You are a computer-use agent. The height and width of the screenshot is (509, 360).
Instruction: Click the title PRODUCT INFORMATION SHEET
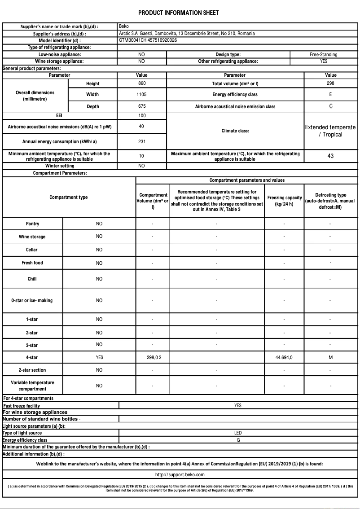(x=178, y=13)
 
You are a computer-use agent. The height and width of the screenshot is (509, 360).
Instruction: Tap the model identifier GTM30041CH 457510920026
(x=148, y=40)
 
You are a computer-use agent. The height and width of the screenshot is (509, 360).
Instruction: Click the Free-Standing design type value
(x=323, y=54)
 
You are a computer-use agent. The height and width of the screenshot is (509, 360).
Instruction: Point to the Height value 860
(x=141, y=83)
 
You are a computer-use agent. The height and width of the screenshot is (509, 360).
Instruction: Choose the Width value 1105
(x=141, y=95)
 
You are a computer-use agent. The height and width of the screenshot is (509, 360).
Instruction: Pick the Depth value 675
(x=141, y=106)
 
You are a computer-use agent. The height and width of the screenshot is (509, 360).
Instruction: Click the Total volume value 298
(x=330, y=83)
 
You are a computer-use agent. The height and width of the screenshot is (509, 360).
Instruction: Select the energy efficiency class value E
(x=330, y=95)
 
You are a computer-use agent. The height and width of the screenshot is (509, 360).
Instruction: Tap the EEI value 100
(x=141, y=115)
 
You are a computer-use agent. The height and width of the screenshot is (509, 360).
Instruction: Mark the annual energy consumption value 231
(x=141, y=141)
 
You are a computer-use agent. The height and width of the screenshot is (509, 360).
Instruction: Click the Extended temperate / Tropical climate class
(x=330, y=131)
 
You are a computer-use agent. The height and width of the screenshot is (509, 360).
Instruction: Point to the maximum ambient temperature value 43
(x=330, y=156)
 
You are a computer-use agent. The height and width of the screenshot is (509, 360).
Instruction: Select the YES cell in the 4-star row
(x=99, y=357)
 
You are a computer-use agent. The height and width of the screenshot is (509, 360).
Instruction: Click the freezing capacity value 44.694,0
(x=284, y=357)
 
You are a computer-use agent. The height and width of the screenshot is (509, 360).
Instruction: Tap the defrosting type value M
(x=330, y=357)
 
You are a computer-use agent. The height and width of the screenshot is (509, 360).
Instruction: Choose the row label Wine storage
(x=32, y=237)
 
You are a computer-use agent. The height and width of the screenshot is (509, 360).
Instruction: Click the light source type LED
(x=238, y=433)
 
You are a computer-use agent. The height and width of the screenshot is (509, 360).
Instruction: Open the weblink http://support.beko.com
(x=180, y=474)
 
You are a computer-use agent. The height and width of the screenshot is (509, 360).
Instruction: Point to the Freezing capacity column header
(x=284, y=201)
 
